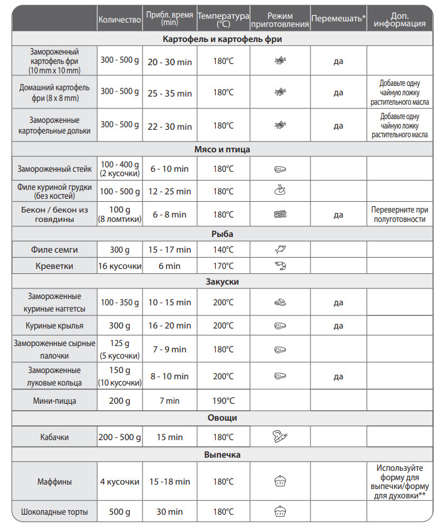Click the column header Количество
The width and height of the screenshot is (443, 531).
119,19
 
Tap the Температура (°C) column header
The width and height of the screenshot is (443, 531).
223,19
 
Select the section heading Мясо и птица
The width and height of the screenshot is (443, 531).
223,149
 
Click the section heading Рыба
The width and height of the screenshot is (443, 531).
223,234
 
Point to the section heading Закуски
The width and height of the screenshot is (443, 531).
223,281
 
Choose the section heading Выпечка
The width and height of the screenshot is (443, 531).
223,455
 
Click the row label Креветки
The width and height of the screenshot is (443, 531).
55,266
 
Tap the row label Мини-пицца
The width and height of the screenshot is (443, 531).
55,400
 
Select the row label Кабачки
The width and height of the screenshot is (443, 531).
55,437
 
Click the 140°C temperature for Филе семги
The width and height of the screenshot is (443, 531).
223,250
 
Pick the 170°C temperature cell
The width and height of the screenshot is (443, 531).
223,266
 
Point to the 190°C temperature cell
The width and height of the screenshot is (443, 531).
223,400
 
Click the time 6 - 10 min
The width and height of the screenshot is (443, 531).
169,169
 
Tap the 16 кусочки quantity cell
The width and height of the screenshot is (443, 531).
119,266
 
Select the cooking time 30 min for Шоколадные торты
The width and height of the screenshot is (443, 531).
169,512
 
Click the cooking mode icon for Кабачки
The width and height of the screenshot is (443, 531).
280,437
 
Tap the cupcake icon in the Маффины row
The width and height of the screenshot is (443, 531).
280,481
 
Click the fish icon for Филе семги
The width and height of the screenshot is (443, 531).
280,250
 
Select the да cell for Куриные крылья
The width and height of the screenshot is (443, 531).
338,325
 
